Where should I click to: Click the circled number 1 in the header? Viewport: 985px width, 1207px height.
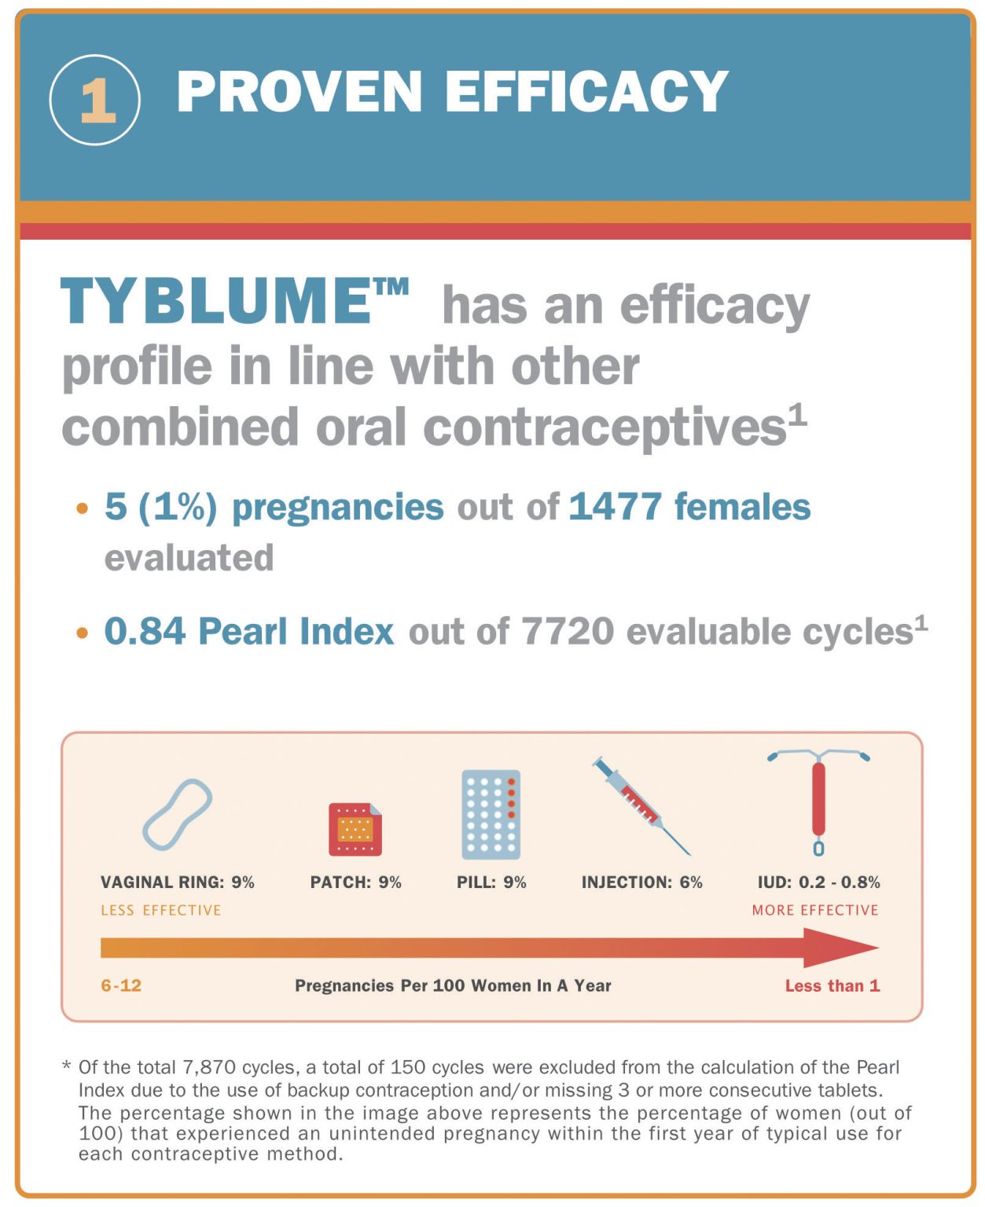click(x=95, y=100)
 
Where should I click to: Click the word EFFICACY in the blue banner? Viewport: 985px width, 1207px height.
click(x=586, y=91)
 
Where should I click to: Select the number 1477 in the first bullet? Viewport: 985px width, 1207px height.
click(x=615, y=507)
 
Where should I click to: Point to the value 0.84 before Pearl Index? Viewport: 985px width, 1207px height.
click(x=144, y=631)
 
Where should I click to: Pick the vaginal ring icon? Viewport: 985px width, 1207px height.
click(x=177, y=815)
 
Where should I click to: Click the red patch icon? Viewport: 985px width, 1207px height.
click(x=355, y=829)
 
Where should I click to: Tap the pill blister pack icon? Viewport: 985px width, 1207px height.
click(x=491, y=815)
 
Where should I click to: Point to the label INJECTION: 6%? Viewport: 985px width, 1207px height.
click(x=641, y=882)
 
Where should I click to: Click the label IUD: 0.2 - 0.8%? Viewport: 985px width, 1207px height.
click(x=818, y=882)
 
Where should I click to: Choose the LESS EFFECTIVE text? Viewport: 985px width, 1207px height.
click(x=160, y=910)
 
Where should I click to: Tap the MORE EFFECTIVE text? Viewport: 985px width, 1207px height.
click(x=814, y=910)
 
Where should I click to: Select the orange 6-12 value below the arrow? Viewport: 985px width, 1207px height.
click(x=121, y=985)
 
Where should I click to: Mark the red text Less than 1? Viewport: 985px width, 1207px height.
click(x=832, y=985)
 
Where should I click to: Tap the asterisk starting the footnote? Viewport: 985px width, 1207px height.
click(x=67, y=1066)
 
